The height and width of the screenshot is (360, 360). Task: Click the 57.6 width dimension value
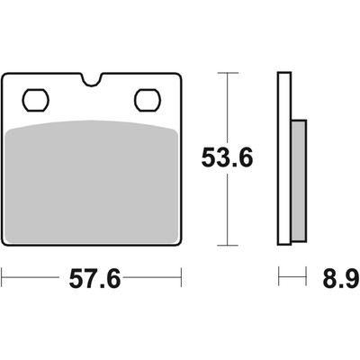94,278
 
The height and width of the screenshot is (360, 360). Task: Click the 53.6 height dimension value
227,157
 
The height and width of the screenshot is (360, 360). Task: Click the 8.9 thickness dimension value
341,278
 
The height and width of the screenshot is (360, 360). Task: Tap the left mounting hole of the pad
36,100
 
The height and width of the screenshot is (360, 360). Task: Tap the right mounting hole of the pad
148,100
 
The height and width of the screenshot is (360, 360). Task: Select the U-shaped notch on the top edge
92,80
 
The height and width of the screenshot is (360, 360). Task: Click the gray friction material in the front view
92,182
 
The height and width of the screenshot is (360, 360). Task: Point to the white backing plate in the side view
284,158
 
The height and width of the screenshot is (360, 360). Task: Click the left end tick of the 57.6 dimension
2,277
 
